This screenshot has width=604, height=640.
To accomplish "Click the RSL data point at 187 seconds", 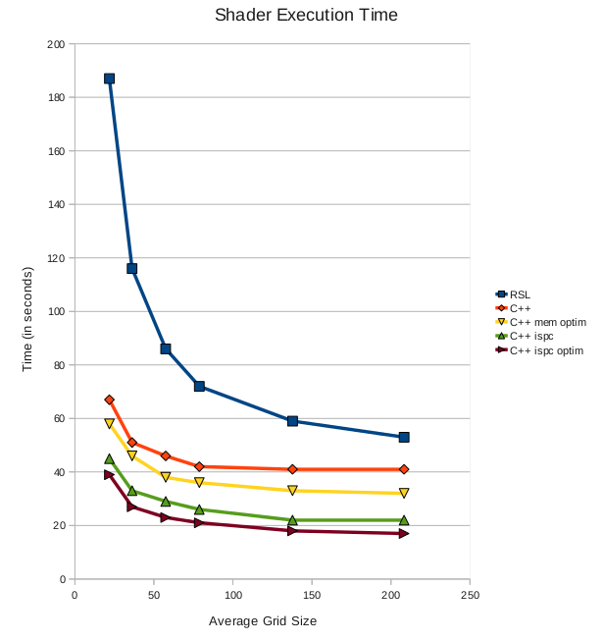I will point(109,79).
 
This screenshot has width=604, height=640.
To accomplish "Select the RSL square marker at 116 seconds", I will point(131,268).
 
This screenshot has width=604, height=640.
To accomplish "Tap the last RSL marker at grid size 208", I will point(404,437).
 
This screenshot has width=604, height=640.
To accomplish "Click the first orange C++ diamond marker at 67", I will point(109,400).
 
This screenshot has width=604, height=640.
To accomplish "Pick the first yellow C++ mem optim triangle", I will point(109,424).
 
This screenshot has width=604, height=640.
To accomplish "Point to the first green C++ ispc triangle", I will point(109,458).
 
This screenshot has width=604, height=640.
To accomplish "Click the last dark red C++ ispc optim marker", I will point(404,534).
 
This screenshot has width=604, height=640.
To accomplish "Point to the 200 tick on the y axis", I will point(55,44).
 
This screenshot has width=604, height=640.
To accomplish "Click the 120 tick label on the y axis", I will point(55,258).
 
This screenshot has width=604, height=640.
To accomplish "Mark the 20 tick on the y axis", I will point(58,526).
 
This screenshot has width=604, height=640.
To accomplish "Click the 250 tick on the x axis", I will point(471,595).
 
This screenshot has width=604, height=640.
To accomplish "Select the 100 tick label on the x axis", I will point(232,595).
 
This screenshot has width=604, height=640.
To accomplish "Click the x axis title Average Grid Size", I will point(263,621).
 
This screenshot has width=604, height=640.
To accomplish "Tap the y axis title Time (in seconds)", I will point(28,312).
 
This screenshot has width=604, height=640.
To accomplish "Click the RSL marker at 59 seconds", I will point(292,421).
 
